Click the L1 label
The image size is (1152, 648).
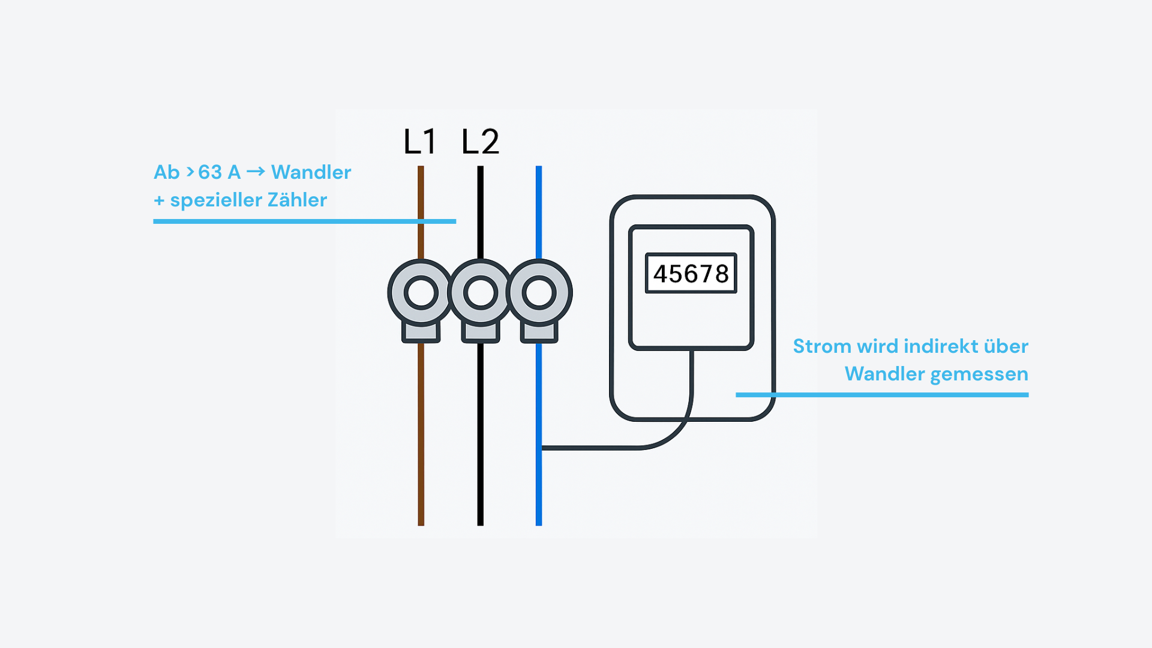pos(419,142)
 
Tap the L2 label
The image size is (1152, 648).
pos(480,142)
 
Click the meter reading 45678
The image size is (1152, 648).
pos(691,274)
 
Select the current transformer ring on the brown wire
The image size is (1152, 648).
pos(421,293)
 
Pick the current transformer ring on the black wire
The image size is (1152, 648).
pos(480,293)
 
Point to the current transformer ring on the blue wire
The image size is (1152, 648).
pos(539,293)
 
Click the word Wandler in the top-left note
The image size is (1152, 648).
pos(311,172)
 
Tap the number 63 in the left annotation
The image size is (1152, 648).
pos(210,172)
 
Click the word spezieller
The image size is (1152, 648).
pos(215,200)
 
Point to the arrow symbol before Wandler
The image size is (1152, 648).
pos(256,172)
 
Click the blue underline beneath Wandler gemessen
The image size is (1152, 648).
pos(882,395)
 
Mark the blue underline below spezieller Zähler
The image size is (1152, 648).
pos(304,221)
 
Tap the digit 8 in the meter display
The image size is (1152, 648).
pos(722,274)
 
